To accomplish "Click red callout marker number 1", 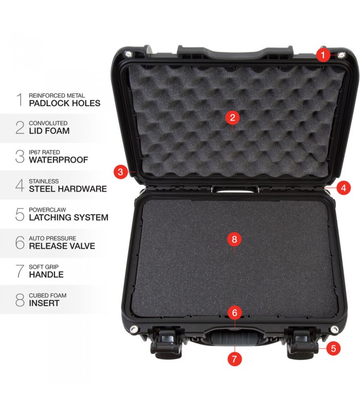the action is pyautogui.click(x=323, y=55).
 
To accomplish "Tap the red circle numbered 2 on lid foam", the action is pyautogui.click(x=232, y=118).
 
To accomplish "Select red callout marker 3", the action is pyautogui.click(x=120, y=172).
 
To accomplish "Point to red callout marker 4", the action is pyautogui.click(x=344, y=188).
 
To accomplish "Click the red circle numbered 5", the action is pyautogui.click(x=333, y=348).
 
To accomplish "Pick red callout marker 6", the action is pyautogui.click(x=235, y=313).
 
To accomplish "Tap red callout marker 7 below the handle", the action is pyautogui.click(x=235, y=359).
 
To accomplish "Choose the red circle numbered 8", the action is pyautogui.click(x=235, y=239).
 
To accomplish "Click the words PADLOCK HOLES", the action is pyautogui.click(x=65, y=103).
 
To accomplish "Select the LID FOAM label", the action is pyautogui.click(x=49, y=131).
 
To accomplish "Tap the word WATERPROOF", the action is pyautogui.click(x=59, y=160).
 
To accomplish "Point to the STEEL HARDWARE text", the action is pyautogui.click(x=68, y=189).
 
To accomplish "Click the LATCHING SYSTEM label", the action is pyautogui.click(x=68, y=217).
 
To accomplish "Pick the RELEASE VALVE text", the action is pyautogui.click(x=62, y=246).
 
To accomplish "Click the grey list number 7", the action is pyautogui.click(x=20, y=271).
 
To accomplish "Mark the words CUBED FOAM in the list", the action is pyautogui.click(x=47, y=295).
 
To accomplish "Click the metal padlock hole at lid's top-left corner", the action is pyautogui.click(x=128, y=54).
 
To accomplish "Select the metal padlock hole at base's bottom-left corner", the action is pyautogui.click(x=134, y=329).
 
